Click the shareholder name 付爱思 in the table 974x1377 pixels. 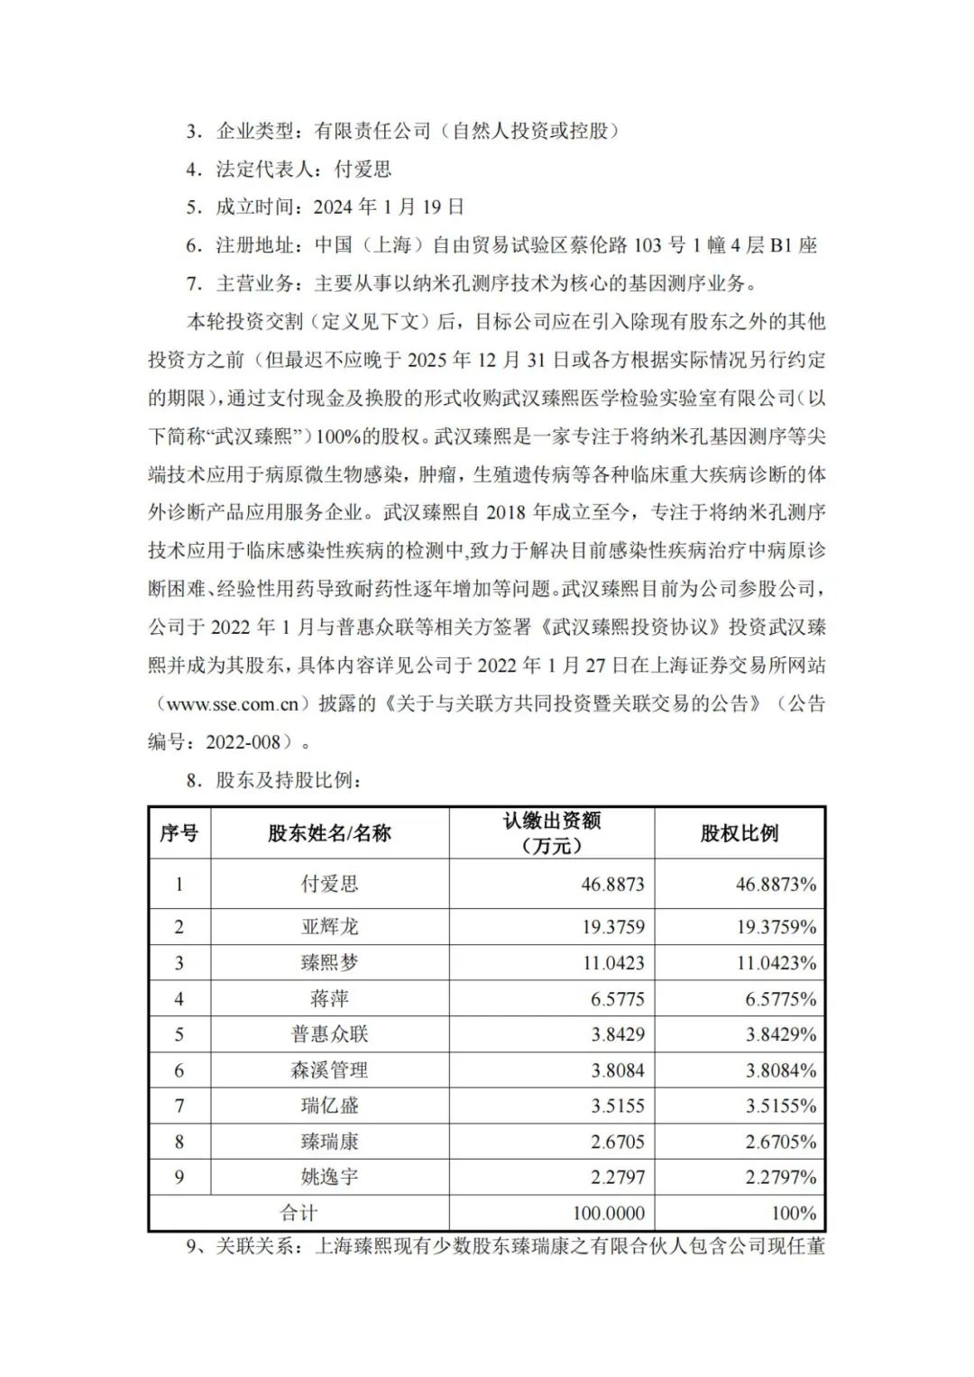(x=329, y=884)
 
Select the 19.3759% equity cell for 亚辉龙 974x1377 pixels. (x=776, y=926)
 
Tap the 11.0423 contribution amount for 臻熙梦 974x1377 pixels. (x=613, y=962)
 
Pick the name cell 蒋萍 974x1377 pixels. (x=329, y=998)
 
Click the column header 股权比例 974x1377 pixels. (x=739, y=833)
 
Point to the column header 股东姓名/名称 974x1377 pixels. (x=329, y=833)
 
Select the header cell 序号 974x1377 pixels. (x=179, y=833)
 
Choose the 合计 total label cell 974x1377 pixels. (x=299, y=1213)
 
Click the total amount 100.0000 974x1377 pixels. (x=609, y=1213)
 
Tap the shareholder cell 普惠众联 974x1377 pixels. (x=329, y=1034)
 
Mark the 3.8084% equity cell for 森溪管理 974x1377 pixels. (x=780, y=1070)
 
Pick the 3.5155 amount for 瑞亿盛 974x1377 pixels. (x=618, y=1106)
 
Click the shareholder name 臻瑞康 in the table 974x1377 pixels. (x=329, y=1142)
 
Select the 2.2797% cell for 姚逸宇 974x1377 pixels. (x=780, y=1177)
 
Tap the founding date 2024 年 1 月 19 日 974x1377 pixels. (x=389, y=207)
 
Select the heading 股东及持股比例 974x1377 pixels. (x=288, y=780)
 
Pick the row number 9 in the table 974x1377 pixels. (x=179, y=1177)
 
